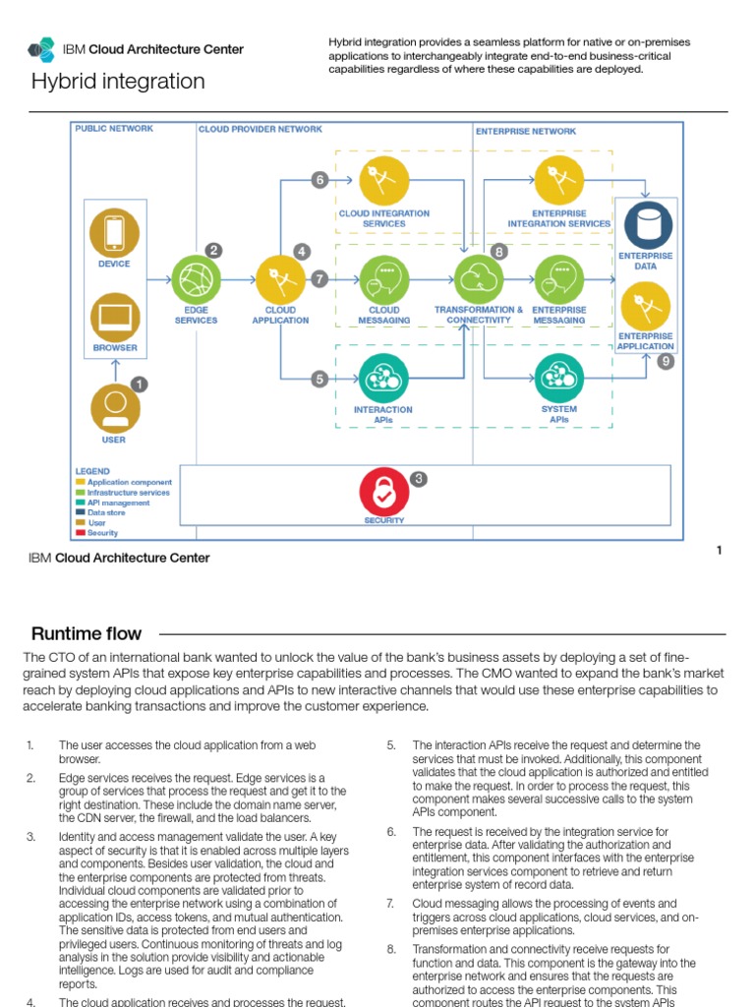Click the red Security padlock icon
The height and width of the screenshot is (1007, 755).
click(x=384, y=490)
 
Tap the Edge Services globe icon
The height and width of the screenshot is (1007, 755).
click(x=197, y=279)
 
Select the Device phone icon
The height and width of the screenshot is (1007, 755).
click(x=115, y=232)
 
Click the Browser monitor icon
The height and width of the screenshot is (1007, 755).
click(x=115, y=317)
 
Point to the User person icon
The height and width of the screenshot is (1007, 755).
click(x=115, y=408)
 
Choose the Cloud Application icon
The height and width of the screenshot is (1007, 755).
click(x=280, y=279)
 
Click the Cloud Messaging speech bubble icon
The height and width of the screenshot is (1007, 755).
click(x=384, y=279)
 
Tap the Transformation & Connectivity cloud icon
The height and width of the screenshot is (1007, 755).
click(x=479, y=279)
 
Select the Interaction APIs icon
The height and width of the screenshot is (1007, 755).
click(x=384, y=378)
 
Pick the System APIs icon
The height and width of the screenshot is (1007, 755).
click(x=559, y=378)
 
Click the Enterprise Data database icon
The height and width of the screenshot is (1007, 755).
click(x=647, y=224)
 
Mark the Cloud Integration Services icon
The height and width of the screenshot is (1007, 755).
click(x=384, y=181)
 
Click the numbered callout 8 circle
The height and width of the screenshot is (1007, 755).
click(x=499, y=252)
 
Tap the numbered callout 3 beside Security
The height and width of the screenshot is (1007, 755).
click(x=419, y=479)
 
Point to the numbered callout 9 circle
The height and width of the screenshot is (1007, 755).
click(x=667, y=362)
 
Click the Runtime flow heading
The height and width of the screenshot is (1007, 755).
click(x=87, y=633)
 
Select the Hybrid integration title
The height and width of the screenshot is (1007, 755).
click(x=118, y=82)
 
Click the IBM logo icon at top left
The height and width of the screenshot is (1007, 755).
click(x=41, y=49)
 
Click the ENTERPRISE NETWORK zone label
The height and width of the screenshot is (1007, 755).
click(x=526, y=131)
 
